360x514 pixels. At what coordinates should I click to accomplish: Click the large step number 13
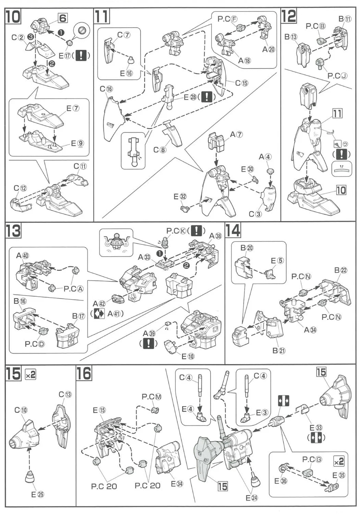[13, 231]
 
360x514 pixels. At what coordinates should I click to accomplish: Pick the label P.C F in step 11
[227, 19]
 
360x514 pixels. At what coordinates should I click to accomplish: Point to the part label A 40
[23, 255]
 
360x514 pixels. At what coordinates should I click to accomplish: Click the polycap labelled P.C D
[43, 331]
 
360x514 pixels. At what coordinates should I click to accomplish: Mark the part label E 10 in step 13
[188, 356]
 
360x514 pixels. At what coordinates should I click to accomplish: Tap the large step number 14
[233, 231]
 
